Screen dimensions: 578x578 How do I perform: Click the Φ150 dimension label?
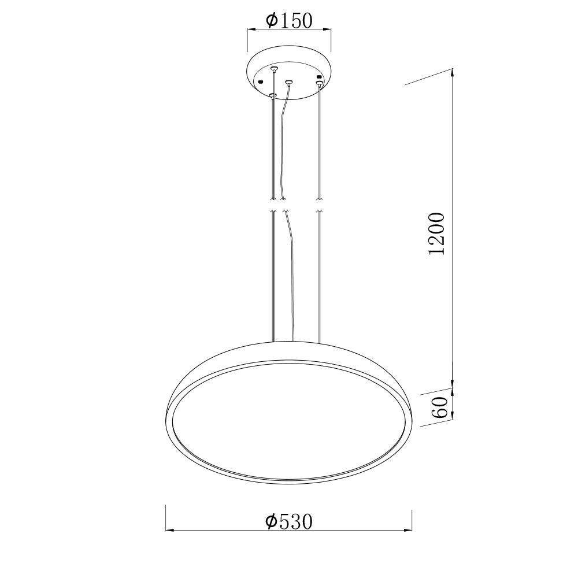[289, 21]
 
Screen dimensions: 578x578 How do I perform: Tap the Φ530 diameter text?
[289, 521]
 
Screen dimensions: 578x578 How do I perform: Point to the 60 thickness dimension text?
[440, 407]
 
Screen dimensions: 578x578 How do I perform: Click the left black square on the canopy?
[261, 81]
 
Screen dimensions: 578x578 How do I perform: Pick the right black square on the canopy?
[319, 77]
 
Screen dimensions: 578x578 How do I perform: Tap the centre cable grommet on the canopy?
[288, 81]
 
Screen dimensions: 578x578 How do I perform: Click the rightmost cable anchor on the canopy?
[319, 83]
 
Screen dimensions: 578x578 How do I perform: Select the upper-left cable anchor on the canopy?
[273, 69]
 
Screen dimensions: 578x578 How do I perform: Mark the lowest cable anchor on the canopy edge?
[272, 96]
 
